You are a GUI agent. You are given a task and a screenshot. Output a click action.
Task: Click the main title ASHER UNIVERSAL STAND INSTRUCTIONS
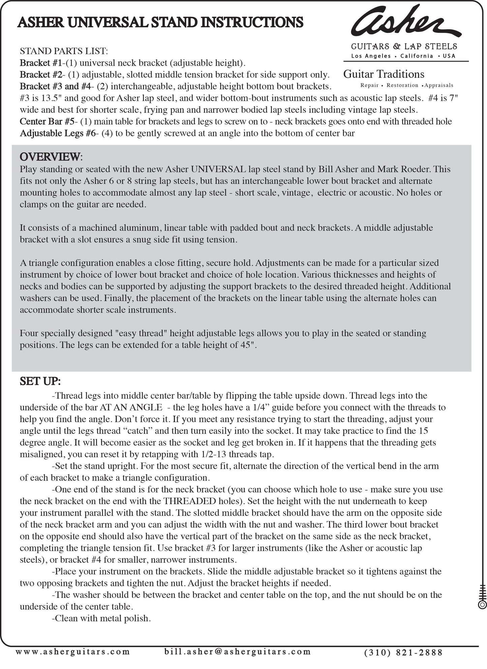[160, 23]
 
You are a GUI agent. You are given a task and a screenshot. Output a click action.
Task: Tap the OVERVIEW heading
[51, 157]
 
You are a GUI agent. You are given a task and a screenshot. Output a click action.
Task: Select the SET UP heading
[40, 381]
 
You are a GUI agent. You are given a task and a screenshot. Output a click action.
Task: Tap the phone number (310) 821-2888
[403, 653]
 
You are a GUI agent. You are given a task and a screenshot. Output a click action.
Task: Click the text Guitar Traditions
[384, 74]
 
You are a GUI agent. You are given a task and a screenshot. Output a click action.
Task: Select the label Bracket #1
[41, 63]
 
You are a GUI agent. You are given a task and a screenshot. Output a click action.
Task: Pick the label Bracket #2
[41, 75]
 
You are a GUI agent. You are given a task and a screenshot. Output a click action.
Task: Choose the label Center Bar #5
[47, 122]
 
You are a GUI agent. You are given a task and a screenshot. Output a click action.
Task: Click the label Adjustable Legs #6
[58, 133]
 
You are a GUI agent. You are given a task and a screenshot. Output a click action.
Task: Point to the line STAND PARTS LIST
[64, 51]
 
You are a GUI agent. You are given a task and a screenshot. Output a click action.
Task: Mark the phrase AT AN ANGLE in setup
[131, 407]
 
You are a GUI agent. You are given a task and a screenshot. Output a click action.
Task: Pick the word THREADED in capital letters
[189, 501]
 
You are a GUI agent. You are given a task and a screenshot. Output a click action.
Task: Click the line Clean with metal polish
[101, 618]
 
